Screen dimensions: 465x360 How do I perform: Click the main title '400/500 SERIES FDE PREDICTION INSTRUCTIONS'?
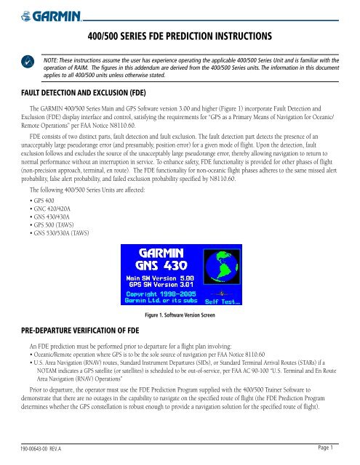[180, 35]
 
